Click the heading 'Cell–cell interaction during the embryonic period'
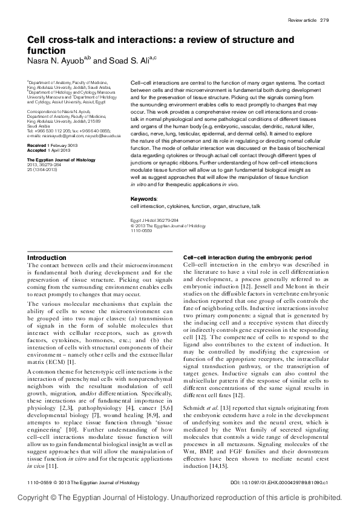pos(247,258)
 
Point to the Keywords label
pos(143,198)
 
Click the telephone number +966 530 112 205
pos(53,131)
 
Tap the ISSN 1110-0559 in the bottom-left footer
pos(40,482)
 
